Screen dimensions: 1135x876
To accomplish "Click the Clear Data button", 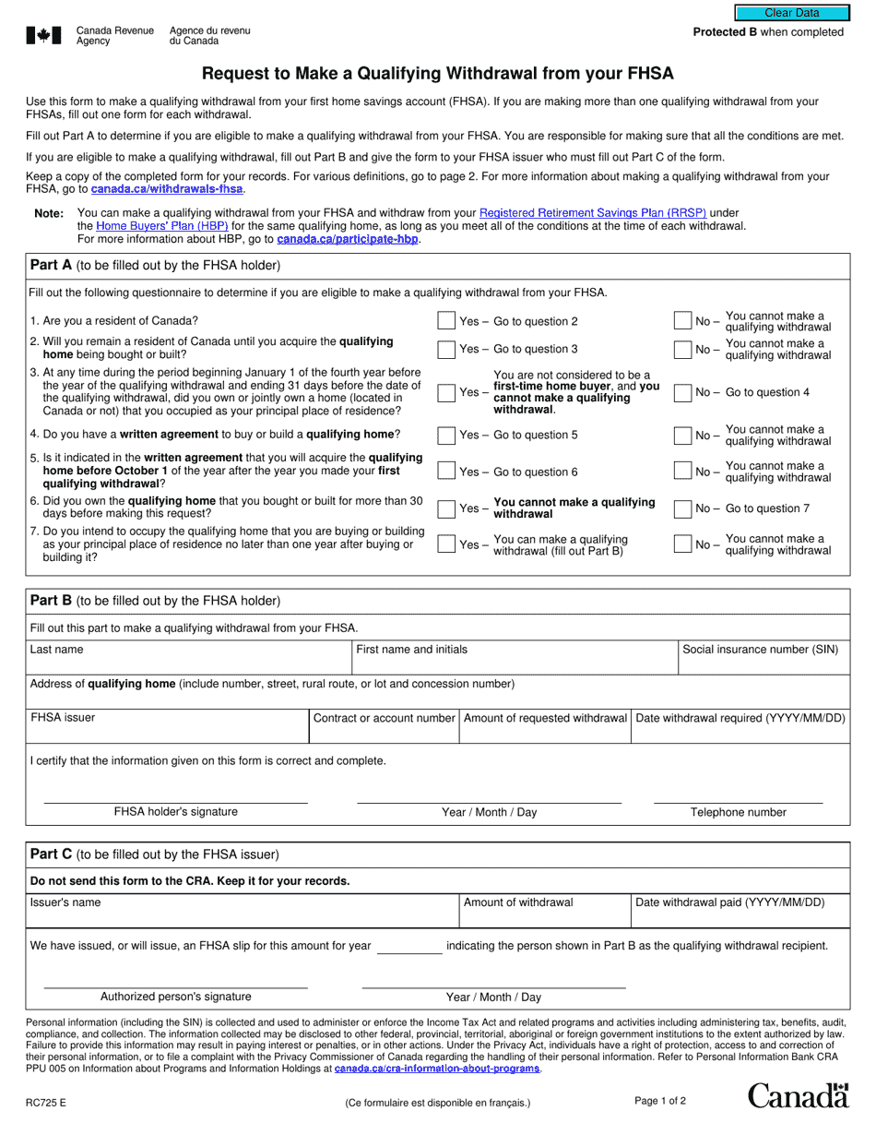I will pyautogui.click(x=791, y=13).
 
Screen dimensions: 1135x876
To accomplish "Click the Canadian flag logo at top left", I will pyautogui.click(x=43, y=35).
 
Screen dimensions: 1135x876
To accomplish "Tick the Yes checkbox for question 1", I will pyautogui.click(x=446, y=321).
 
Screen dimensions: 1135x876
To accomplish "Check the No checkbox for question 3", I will pyautogui.click(x=682, y=392).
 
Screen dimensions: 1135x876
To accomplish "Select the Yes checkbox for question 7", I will pyautogui.click(x=446, y=544).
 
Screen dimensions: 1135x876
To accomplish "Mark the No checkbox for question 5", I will pyautogui.click(x=682, y=472).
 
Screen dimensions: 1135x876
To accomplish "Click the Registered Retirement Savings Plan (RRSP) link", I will pyautogui.click(x=593, y=212).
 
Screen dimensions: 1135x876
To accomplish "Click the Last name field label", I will pyautogui.click(x=56, y=650).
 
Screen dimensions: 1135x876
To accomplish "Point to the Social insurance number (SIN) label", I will pyautogui.click(x=760, y=650).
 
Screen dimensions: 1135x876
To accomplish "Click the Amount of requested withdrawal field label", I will pyautogui.click(x=545, y=718).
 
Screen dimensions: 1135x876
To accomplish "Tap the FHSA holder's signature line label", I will pyautogui.click(x=175, y=812).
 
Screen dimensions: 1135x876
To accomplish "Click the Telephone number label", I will pyautogui.click(x=739, y=813).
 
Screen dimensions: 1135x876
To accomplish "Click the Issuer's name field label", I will pyautogui.click(x=65, y=902).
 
